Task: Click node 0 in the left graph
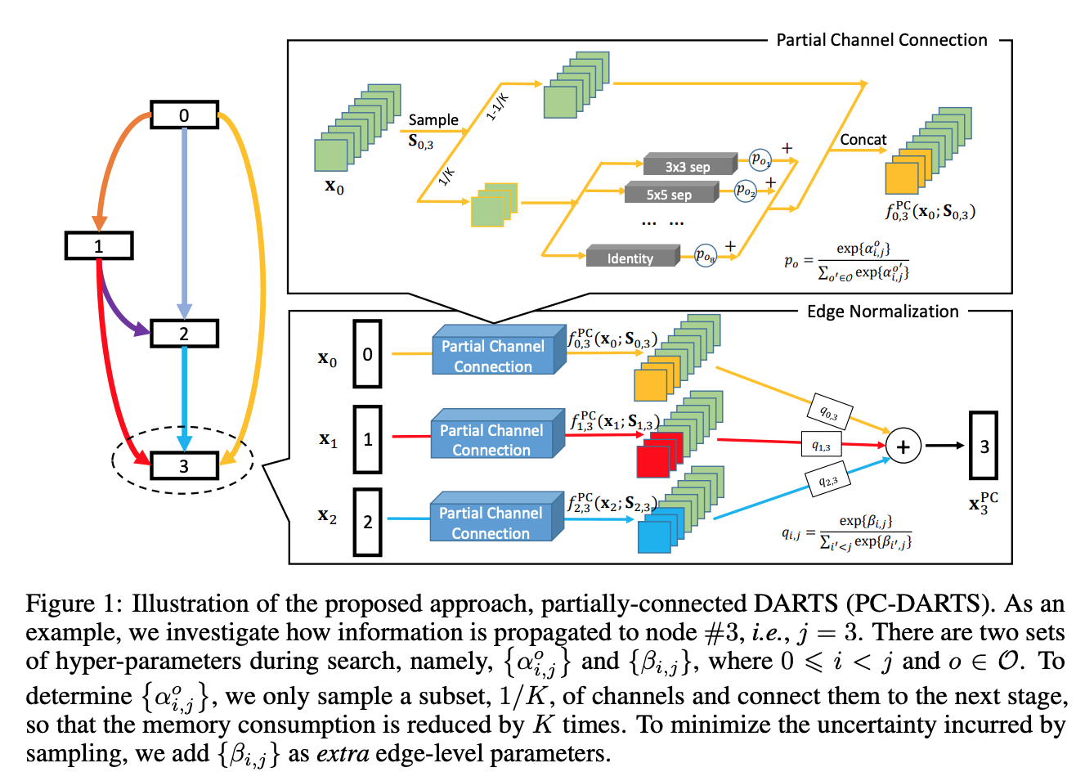coord(184,115)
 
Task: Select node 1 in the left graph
coord(99,246)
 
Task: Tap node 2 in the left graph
coord(184,334)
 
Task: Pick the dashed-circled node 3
coord(184,465)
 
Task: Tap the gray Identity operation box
coord(630,258)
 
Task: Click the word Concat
coord(863,140)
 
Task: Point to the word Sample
coord(433,120)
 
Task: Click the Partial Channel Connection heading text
coord(881,40)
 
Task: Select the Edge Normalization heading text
coord(882,312)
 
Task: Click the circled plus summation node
coord(903,447)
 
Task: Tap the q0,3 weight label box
coord(829,413)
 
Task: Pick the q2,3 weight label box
coord(827,480)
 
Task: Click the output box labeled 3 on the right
coord(984,446)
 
